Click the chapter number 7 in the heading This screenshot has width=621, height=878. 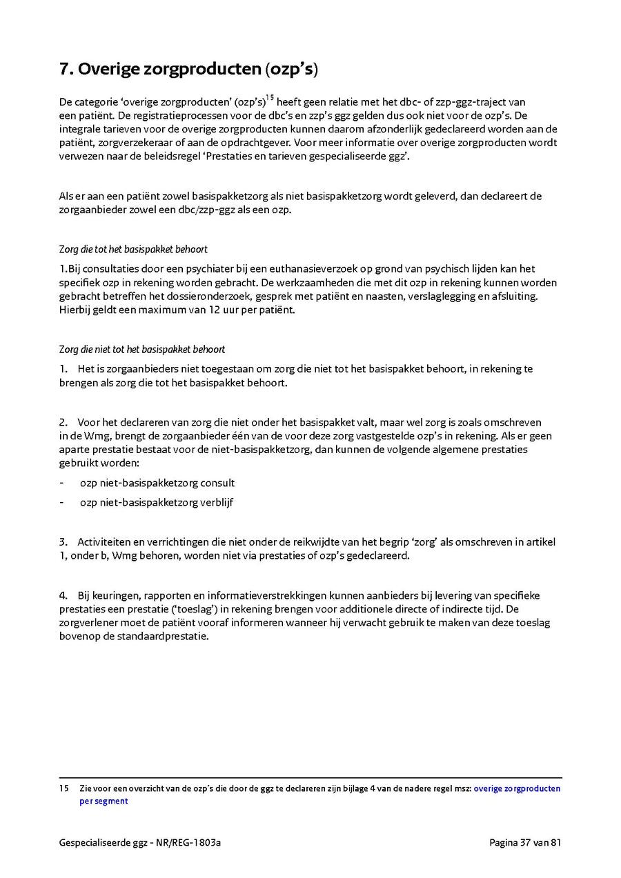point(63,69)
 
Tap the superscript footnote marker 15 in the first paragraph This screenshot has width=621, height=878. point(270,98)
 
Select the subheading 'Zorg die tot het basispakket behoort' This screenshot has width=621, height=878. point(133,249)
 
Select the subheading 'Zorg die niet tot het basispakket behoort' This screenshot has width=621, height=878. point(141,350)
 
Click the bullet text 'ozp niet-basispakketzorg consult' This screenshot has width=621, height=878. point(157,483)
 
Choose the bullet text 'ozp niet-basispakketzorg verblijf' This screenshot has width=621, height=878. point(157,502)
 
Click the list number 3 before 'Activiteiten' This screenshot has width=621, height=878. point(63,542)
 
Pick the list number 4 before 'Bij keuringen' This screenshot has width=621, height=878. point(63,595)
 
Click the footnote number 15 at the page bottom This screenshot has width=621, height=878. point(63,788)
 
